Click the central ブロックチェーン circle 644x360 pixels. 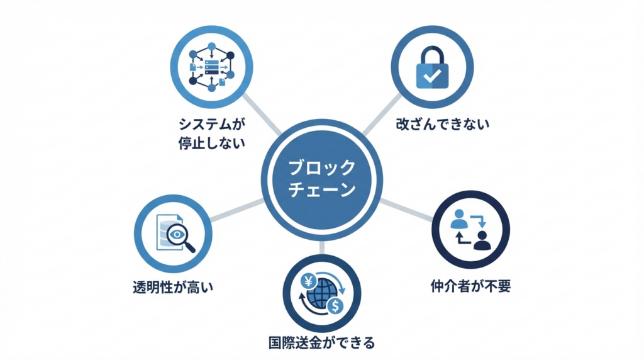point(321,179)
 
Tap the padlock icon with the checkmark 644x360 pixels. point(432,67)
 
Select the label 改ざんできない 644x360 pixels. point(443,124)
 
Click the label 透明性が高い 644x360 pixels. point(173,287)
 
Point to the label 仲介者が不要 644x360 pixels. point(470,286)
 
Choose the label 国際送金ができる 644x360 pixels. point(321,342)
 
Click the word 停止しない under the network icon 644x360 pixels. point(211,143)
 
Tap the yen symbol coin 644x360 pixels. point(308,282)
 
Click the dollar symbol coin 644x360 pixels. point(336,306)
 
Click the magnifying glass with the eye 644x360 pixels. point(180,237)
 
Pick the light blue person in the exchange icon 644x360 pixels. point(458,219)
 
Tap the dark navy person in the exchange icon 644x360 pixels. point(482,240)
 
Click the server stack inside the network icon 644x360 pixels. point(211,67)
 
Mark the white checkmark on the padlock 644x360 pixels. point(432,75)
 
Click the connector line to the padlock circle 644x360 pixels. point(382,115)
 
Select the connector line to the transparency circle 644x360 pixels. point(237,210)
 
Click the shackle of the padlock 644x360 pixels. point(432,54)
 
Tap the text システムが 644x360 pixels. point(211,124)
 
